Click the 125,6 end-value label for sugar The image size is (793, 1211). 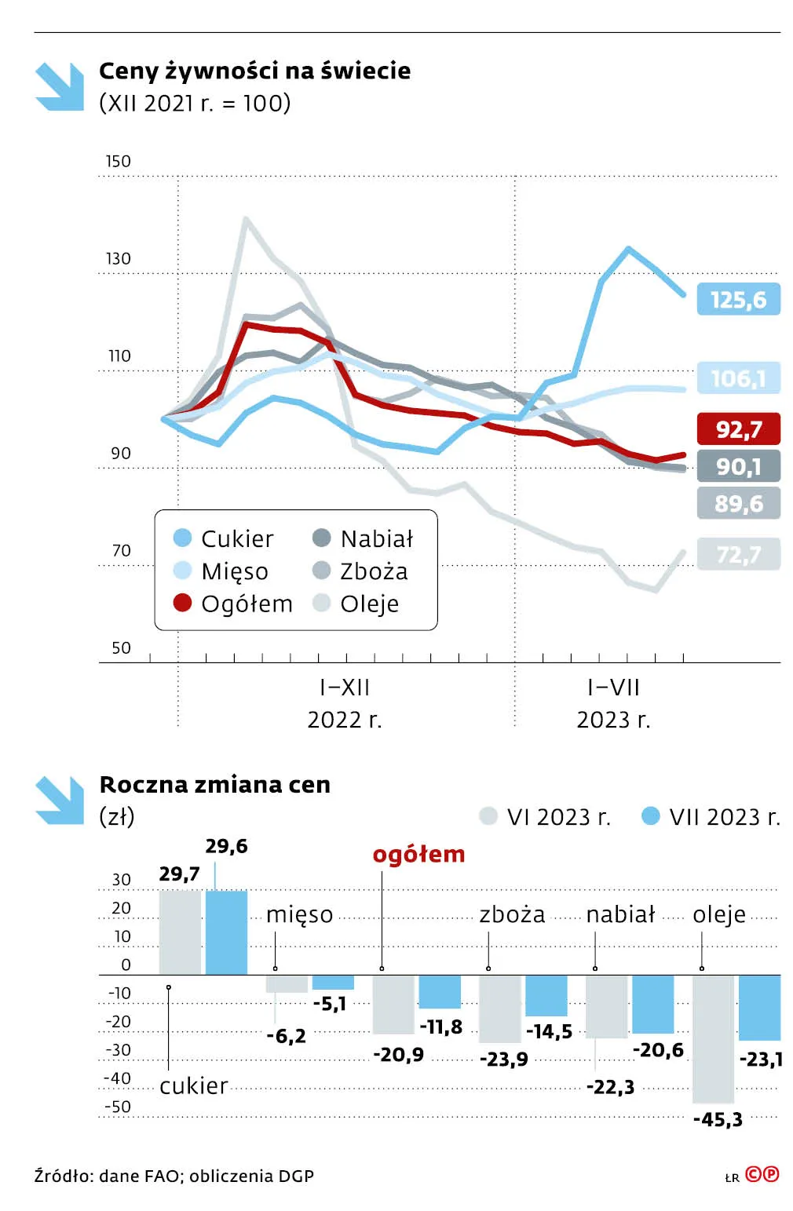point(738,299)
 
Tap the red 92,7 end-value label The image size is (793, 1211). point(738,429)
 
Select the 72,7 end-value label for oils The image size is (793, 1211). point(738,554)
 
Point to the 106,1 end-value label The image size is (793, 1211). point(738,378)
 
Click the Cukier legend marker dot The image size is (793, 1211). point(182,538)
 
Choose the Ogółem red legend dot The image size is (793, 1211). point(182,603)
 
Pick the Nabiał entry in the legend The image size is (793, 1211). point(376,538)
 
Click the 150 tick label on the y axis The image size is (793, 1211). point(118,161)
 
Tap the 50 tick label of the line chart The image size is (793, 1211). point(121,647)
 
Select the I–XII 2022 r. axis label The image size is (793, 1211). point(345,703)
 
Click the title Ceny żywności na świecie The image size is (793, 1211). point(254,71)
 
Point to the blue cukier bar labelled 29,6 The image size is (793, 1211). point(226,932)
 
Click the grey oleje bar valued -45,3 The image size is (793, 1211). point(713,1038)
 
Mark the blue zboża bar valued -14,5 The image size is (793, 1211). point(546,995)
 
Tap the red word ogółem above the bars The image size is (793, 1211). point(418,854)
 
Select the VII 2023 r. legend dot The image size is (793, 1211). point(650,816)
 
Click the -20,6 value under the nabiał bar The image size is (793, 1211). point(658,1050)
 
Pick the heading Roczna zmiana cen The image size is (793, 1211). point(214,784)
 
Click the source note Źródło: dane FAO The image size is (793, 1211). point(174,1176)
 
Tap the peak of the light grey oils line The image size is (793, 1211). point(246,219)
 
